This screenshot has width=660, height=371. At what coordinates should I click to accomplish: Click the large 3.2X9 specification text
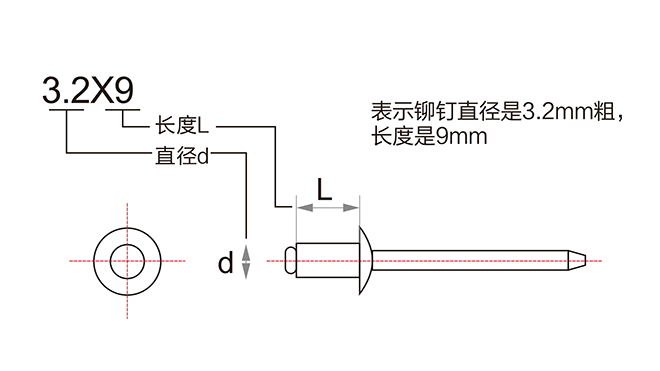(87, 93)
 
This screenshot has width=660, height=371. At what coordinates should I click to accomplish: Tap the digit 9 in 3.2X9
(124, 93)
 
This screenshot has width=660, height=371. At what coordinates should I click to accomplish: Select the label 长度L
(180, 127)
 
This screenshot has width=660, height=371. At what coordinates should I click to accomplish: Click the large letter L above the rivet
(324, 190)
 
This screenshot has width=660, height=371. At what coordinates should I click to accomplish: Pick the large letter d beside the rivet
(225, 263)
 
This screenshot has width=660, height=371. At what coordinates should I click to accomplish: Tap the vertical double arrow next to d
(247, 261)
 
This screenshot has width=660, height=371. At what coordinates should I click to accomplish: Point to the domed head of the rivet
(366, 260)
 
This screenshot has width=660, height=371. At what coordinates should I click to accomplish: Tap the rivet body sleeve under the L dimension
(325, 260)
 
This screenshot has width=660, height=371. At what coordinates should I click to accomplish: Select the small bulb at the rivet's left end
(288, 260)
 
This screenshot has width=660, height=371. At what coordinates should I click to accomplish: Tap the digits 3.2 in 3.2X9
(65, 93)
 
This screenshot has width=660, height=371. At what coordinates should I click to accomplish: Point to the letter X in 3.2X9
(100, 93)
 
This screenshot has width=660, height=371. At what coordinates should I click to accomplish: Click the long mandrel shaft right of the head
(470, 260)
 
